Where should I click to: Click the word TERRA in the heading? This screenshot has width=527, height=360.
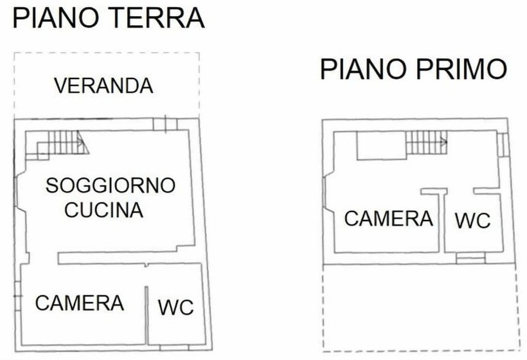157,18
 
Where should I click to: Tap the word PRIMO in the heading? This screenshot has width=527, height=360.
462,69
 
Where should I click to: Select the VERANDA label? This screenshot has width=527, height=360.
104,85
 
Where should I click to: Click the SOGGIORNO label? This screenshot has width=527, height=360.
111,185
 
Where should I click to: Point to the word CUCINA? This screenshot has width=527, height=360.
104,210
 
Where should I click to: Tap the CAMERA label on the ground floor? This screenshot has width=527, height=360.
80,303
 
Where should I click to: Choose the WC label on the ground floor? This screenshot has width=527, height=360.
176,307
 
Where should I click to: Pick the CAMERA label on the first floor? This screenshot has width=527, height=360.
389,219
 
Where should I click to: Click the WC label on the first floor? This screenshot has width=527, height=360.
473,221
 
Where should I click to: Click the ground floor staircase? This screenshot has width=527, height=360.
57,145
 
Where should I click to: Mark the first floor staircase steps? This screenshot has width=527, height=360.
427,143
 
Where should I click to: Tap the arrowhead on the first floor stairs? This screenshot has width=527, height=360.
445,143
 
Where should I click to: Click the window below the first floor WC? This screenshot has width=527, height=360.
471,258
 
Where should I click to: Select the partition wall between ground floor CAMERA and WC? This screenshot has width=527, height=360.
147,316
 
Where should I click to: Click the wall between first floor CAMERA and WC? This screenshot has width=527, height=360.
442,223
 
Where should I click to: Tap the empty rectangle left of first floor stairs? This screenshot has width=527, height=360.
382,145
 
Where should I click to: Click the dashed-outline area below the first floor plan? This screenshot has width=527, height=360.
421,308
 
